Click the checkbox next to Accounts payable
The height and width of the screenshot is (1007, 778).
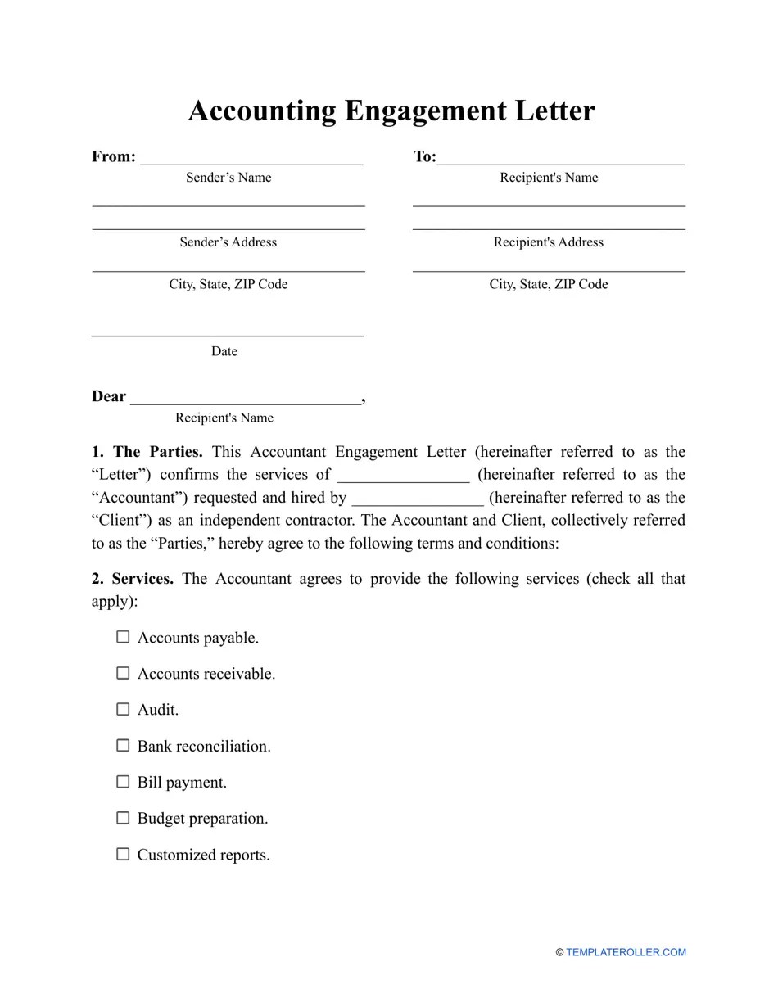click(123, 637)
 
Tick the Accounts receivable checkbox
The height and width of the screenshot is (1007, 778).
click(123, 673)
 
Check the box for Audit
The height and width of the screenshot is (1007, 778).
click(123, 709)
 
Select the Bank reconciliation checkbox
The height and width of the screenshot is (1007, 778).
click(123, 746)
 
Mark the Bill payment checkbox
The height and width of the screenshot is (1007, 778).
click(123, 782)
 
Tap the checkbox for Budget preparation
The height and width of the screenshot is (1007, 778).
click(123, 818)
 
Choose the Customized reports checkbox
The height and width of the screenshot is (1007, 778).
click(123, 854)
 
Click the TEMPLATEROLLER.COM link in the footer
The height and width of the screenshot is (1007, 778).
click(626, 952)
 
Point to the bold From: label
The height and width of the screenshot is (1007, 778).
click(114, 156)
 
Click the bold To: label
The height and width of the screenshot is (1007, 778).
click(424, 156)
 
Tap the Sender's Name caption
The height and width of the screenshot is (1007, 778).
click(228, 178)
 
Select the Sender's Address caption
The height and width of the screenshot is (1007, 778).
click(228, 242)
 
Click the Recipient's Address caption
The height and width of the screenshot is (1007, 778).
click(549, 242)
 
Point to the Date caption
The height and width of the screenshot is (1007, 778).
click(224, 351)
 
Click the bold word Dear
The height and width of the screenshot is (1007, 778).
click(109, 397)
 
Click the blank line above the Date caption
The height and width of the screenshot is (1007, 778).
click(228, 334)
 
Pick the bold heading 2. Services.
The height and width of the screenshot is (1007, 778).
click(133, 579)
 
